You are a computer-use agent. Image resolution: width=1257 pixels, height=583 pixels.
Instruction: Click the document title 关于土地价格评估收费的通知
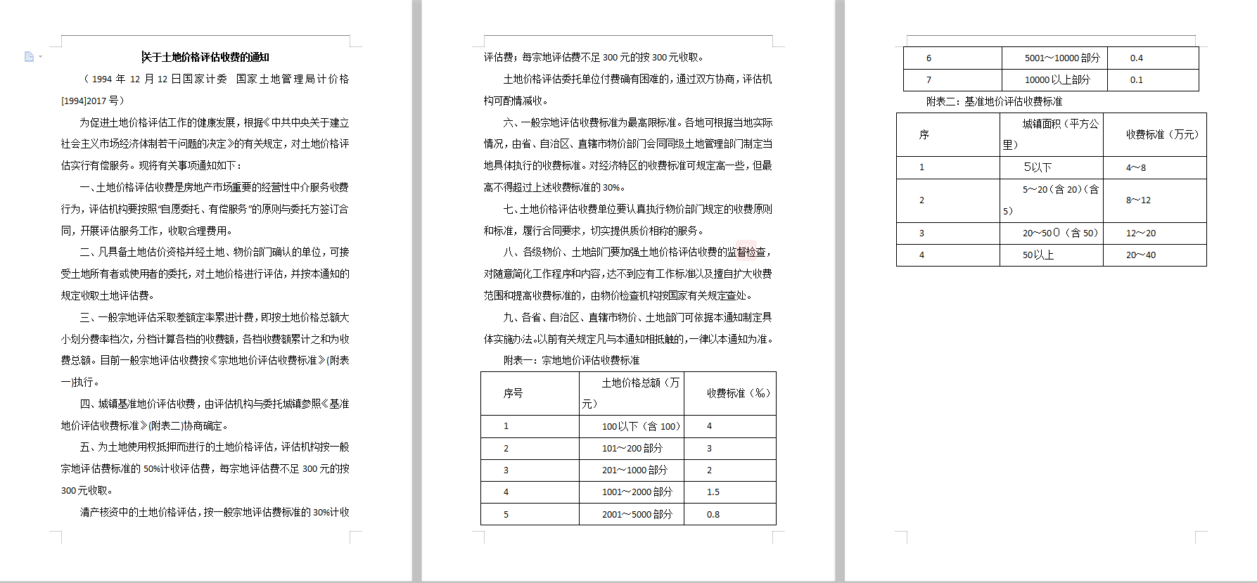coord(205,57)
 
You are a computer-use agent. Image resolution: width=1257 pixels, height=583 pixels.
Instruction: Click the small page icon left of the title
coord(29,56)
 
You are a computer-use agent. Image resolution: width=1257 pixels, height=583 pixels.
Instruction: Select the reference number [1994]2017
coord(84,101)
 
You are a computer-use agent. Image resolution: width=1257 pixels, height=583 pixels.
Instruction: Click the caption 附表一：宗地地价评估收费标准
coord(571,360)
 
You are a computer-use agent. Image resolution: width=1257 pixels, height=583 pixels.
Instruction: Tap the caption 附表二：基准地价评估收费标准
coord(994,101)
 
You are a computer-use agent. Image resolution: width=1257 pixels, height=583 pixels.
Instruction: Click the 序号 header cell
coord(513,393)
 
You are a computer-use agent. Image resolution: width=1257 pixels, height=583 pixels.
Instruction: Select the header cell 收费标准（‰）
coord(738,393)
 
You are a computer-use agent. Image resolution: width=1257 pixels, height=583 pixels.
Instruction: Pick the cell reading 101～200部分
coord(632,448)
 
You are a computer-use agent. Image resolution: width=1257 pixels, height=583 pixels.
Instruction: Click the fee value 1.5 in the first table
coord(713,492)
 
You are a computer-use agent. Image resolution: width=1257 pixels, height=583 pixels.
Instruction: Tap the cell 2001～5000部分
coord(637,514)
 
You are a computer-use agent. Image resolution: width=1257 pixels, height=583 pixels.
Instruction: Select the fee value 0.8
coord(713,514)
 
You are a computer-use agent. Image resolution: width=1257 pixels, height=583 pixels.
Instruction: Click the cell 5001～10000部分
coord(1061,58)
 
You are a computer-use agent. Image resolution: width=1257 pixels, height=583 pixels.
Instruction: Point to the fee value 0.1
coord(1137,79)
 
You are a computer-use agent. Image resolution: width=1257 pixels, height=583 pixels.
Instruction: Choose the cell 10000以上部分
coord(1057,79)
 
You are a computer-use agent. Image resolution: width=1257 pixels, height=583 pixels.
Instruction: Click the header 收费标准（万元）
coord(1162,134)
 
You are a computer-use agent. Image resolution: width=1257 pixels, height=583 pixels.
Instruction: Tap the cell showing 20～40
coord(1141,255)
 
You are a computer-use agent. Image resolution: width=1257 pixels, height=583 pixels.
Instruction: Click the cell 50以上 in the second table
coord(1038,255)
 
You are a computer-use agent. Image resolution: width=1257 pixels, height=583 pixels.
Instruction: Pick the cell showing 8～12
coord(1138,200)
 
